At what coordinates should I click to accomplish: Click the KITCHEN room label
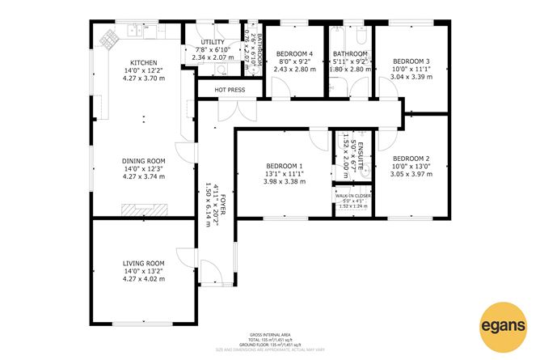[143, 63]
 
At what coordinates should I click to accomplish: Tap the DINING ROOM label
[143, 160]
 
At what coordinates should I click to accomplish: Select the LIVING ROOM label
[143, 263]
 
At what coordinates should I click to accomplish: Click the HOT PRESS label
[229, 89]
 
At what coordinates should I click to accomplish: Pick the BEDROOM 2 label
[410, 159]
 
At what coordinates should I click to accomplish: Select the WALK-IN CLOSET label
[350, 196]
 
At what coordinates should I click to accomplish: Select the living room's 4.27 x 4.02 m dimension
[143, 279]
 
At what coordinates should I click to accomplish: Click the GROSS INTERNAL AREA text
[269, 334]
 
